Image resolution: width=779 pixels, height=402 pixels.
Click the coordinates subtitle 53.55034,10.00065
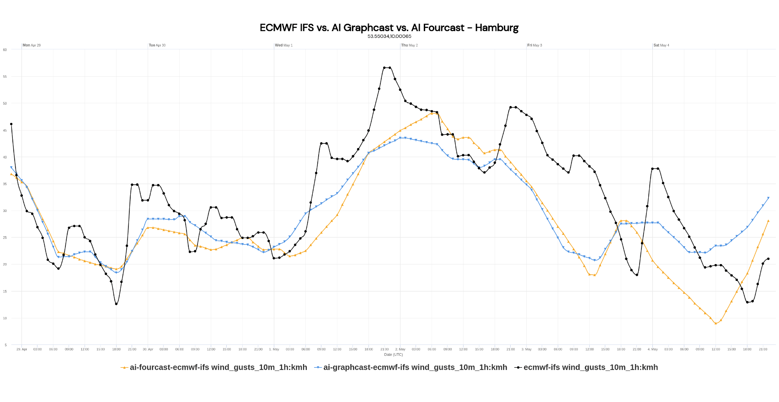(x=389, y=36)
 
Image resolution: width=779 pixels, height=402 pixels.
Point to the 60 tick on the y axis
(x=5, y=50)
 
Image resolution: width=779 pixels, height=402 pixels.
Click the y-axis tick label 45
(x=5, y=131)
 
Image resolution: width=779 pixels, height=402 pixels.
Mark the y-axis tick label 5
(x=6, y=345)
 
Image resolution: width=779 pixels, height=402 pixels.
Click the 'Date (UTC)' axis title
(x=393, y=354)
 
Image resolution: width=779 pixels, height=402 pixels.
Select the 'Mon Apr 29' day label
(x=32, y=45)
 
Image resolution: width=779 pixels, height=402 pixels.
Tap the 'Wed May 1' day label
(x=283, y=45)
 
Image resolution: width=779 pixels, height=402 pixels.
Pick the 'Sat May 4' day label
(x=661, y=45)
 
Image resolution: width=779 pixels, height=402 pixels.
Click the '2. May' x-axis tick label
(x=400, y=349)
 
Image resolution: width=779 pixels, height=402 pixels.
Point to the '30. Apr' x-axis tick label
(x=148, y=349)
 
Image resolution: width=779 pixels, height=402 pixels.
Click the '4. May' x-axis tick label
(x=652, y=349)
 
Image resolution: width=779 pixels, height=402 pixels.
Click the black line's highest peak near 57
(x=387, y=68)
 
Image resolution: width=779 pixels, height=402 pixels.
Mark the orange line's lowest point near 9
(x=715, y=323)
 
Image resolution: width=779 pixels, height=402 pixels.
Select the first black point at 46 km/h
(x=11, y=124)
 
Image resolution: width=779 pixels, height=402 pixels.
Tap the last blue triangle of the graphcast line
(x=768, y=198)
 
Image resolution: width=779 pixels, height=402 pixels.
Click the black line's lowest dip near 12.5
(x=116, y=304)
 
